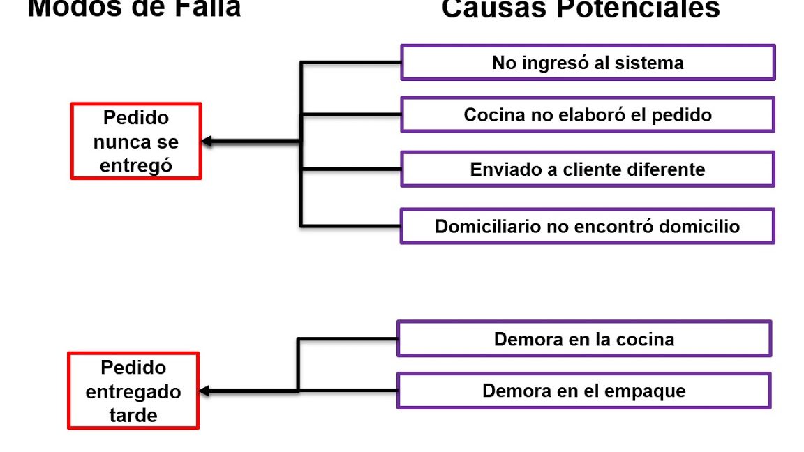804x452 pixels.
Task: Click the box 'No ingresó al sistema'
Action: coord(588,63)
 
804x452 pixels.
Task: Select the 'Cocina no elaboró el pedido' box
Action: coord(588,114)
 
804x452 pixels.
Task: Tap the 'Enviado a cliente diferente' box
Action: coord(588,169)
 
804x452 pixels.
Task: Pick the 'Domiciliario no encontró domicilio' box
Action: coord(588,227)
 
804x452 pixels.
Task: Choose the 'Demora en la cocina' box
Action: coord(584,339)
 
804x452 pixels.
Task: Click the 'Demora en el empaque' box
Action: coord(584,391)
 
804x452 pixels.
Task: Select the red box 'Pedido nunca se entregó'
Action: coord(136,142)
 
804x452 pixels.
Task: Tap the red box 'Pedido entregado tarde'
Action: coord(133,391)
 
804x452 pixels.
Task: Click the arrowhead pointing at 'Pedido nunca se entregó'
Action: coord(207,142)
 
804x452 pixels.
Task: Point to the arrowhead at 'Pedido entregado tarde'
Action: coord(204,391)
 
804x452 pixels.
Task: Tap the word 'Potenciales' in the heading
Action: coord(646,8)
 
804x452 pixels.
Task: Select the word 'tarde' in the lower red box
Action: coord(133,415)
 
